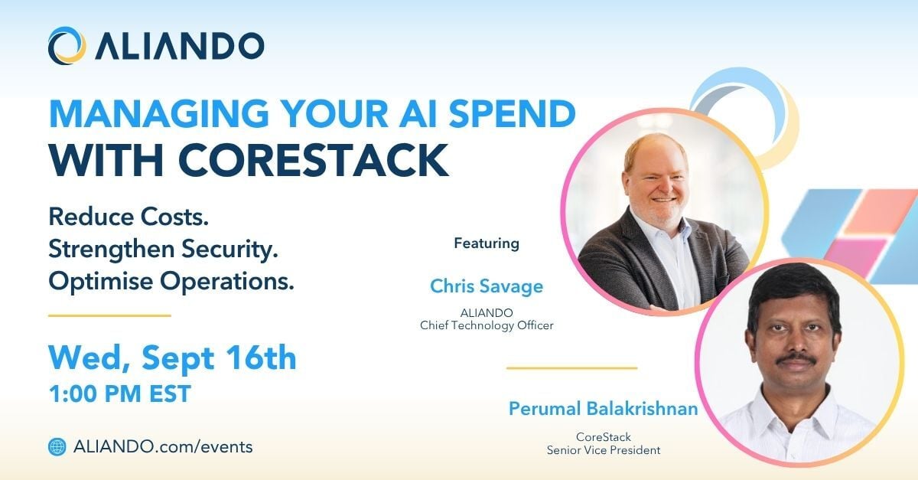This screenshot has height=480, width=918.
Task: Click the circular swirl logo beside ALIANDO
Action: click(67, 45)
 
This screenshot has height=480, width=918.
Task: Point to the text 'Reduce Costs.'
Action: click(129, 217)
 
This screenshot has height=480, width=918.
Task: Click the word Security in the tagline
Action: click(229, 250)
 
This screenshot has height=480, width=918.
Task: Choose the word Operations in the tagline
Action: click(227, 282)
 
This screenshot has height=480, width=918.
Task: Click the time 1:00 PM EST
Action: click(120, 393)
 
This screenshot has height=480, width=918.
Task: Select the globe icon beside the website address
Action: click(57, 447)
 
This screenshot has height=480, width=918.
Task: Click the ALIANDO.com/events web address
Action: click(163, 447)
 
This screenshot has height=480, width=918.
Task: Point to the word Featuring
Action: click(487, 243)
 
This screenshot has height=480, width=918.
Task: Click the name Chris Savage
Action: click(487, 286)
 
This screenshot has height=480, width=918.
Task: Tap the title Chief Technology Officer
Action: click(487, 325)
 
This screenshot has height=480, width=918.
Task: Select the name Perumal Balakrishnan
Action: click(604, 409)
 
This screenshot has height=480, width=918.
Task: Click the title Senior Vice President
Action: click(604, 450)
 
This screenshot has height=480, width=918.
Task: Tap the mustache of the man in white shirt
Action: click(796, 359)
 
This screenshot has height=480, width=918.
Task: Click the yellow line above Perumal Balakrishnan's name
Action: click(571, 368)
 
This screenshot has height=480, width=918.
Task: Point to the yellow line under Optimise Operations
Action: click(109, 315)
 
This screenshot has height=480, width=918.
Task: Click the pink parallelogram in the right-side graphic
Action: click(855, 256)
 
